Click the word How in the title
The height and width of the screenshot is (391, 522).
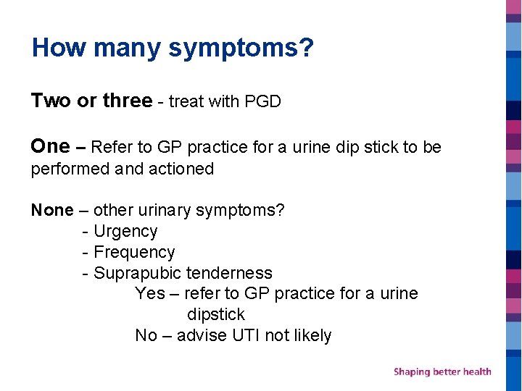[x=59, y=48]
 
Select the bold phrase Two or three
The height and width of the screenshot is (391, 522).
[x=91, y=101]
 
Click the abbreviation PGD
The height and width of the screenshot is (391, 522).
[x=262, y=101]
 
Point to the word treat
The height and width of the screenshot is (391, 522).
[x=186, y=101]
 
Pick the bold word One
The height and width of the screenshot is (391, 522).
[x=50, y=146]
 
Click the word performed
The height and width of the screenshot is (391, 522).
[x=70, y=169]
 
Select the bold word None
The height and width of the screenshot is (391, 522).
[x=52, y=211]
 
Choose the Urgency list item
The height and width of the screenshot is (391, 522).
[x=125, y=232]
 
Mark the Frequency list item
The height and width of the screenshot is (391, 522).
[x=134, y=253]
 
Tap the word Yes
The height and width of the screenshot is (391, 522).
[x=149, y=294]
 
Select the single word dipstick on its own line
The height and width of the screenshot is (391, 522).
[x=216, y=315]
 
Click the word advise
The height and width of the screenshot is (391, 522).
[x=202, y=336]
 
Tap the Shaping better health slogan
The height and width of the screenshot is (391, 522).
[x=442, y=371]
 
